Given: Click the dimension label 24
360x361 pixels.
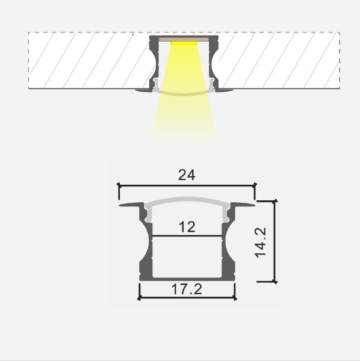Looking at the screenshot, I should tap(187, 175).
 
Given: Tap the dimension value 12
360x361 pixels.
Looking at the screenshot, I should tap(187, 227).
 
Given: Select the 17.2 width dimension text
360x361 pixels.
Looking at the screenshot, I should tap(187, 289).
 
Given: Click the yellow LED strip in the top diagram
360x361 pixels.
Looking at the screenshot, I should tap(184, 43).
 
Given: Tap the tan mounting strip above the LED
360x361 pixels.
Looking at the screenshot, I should tap(184, 39).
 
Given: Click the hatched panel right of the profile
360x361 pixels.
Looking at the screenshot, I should tap(277, 60).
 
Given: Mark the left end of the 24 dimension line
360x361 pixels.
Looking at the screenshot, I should tap(119, 185).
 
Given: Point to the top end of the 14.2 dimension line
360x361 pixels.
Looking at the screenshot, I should tap(275, 201).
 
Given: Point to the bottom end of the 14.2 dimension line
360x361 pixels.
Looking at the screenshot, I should tap(275, 281).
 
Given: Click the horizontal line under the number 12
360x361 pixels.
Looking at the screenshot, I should tap(187, 235).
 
